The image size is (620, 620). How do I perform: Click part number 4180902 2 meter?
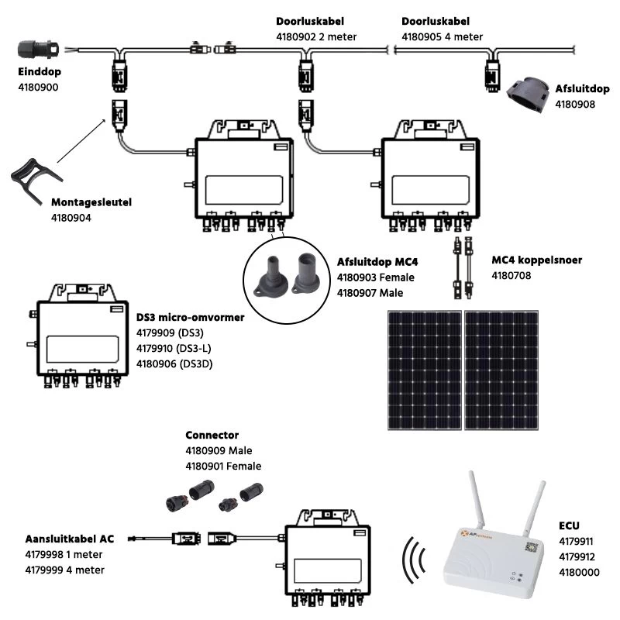(x=315, y=36)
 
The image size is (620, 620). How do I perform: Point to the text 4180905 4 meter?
(x=443, y=36)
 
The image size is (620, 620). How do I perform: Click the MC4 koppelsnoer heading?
(x=536, y=260)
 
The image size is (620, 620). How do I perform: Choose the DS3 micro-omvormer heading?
(x=190, y=318)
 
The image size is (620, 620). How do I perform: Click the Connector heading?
(x=212, y=436)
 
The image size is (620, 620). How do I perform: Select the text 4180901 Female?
(x=223, y=467)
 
